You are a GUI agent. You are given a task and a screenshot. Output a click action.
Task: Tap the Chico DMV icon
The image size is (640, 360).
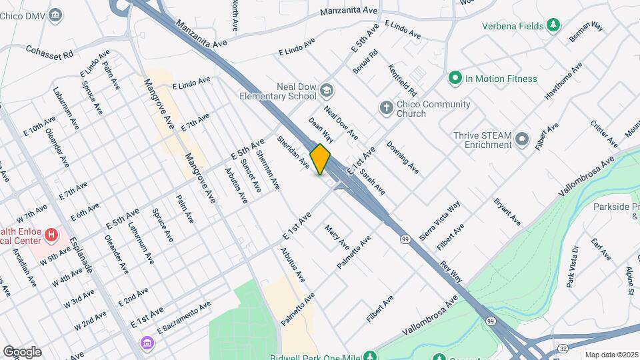pyautogui.click(x=57, y=14)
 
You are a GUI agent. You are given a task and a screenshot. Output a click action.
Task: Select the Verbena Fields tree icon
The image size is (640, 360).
pyautogui.click(x=553, y=26)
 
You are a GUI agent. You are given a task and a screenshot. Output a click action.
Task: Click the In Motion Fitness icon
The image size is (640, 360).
pyautogui.click(x=455, y=79)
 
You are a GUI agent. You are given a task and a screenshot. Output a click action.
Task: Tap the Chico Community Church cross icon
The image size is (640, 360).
pyautogui.click(x=386, y=108)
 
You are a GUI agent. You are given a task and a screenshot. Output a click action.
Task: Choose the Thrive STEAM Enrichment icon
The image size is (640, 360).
pyautogui.click(x=522, y=139)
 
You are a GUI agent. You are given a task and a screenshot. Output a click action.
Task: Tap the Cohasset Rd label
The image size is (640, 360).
pyautogui.click(x=49, y=52)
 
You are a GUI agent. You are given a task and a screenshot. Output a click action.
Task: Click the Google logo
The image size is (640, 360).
pyautogui.click(x=22, y=352)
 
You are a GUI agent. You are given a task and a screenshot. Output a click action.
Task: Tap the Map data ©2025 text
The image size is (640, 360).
pyautogui.click(x=611, y=355)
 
